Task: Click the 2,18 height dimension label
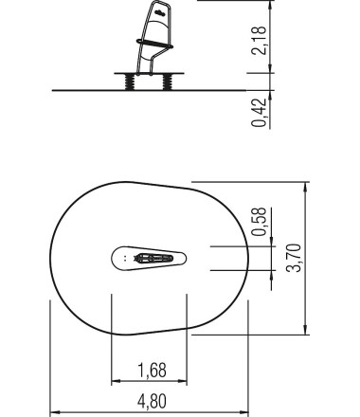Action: (260, 41)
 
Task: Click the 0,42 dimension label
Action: (260, 113)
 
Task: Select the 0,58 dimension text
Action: (260, 222)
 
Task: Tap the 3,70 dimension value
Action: (294, 258)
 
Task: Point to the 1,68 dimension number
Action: (153, 371)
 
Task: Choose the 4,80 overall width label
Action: (152, 402)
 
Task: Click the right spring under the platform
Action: (167, 82)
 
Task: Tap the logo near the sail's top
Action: (160, 13)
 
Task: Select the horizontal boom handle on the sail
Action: (154, 44)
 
